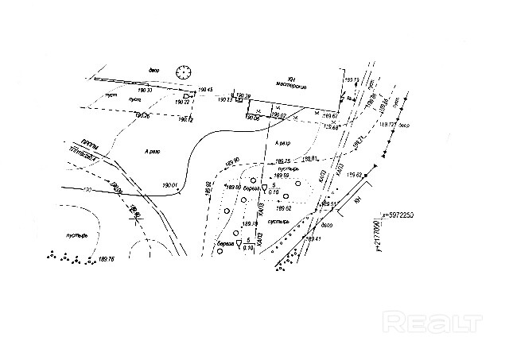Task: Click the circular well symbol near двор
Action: coord(185,72)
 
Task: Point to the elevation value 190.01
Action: coord(169,184)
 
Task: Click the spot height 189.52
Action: coord(282,207)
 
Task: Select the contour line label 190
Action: coord(85,190)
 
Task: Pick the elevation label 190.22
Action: coord(183,103)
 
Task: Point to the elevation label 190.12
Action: coord(185,120)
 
